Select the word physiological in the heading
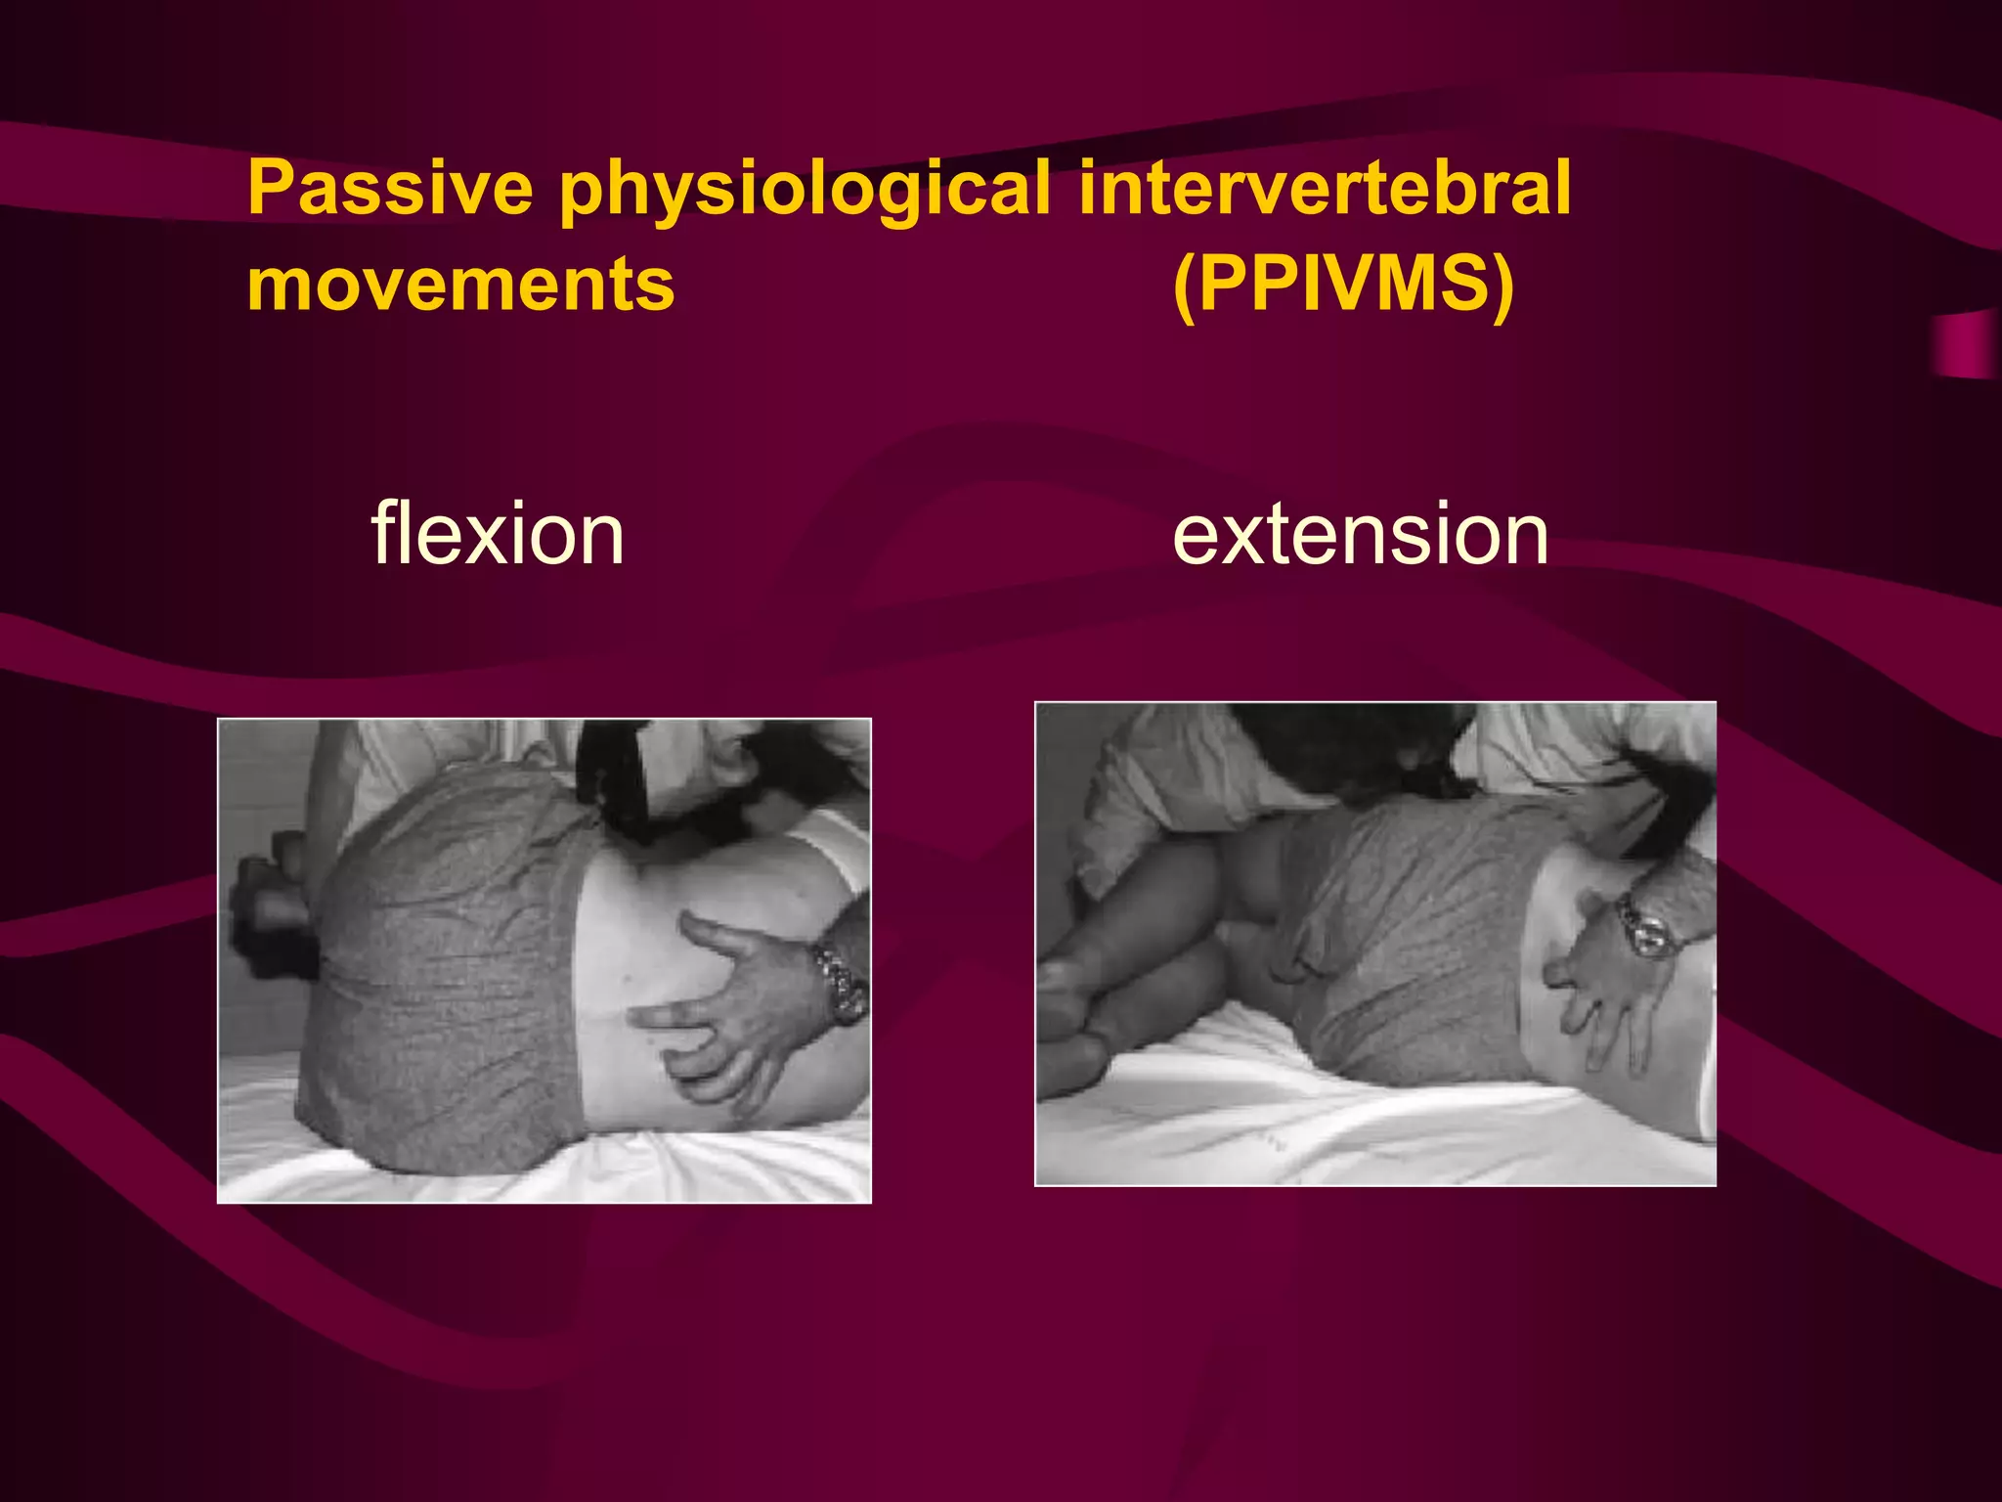(x=805, y=188)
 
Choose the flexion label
(x=497, y=534)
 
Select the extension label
(x=1360, y=534)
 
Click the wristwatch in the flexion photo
(x=841, y=983)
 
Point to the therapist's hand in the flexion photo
(x=743, y=1017)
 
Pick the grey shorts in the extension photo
(x=1408, y=939)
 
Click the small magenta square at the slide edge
(x=1965, y=345)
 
